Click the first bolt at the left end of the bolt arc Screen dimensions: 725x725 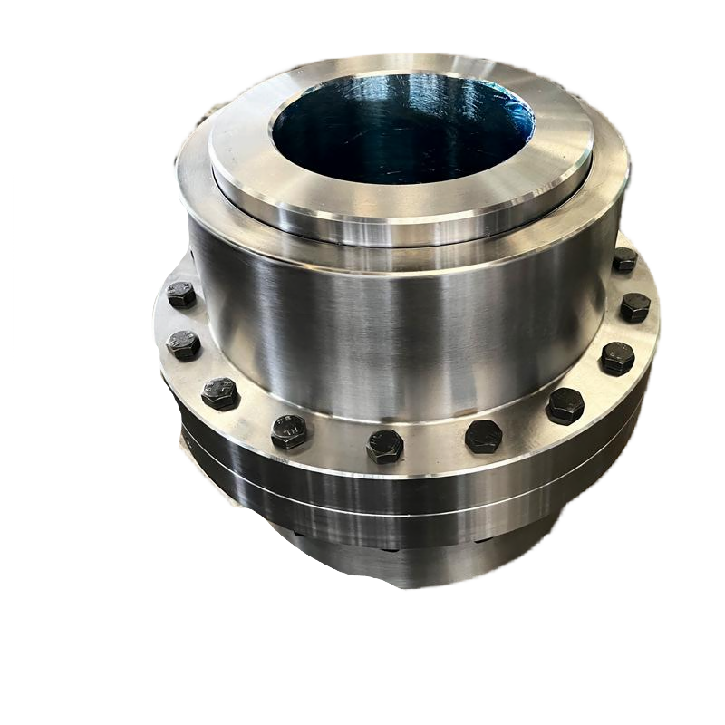181,295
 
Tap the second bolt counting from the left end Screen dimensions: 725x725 184,344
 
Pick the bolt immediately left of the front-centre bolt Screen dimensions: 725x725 289,431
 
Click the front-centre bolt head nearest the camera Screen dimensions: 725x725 385,446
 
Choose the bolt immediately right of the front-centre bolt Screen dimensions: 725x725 483,437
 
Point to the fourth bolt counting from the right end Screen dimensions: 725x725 565,406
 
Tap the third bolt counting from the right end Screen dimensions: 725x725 618,358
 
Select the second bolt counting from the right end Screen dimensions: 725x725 634,307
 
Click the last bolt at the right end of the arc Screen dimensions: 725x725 624,260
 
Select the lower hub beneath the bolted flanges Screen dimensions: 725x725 399,562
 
